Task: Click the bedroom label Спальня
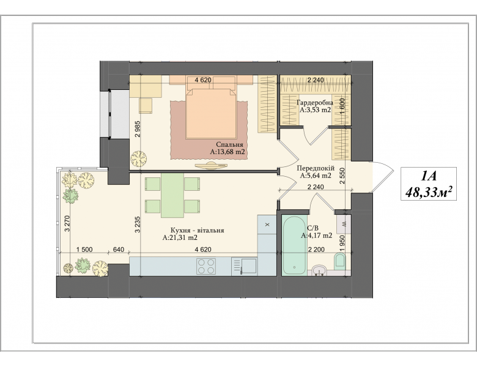[x=230, y=144]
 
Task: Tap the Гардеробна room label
[x=315, y=103]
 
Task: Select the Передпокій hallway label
[x=316, y=168]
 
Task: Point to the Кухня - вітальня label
[x=197, y=231]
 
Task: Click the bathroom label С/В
[x=312, y=228]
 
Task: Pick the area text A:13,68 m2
[x=227, y=152]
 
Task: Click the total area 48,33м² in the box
[x=428, y=192]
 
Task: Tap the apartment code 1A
[x=429, y=176]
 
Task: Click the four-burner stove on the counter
[x=206, y=266]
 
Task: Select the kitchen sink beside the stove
[x=244, y=266]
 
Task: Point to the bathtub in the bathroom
[x=294, y=245]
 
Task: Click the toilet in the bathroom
[x=340, y=261]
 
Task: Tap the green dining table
[x=172, y=195]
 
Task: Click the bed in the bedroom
[x=211, y=114]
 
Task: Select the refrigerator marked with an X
[x=267, y=225]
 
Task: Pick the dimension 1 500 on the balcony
[x=84, y=250]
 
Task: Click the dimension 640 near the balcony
[x=119, y=250]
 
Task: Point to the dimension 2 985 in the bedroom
[x=138, y=129]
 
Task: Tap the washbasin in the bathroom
[x=319, y=270]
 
